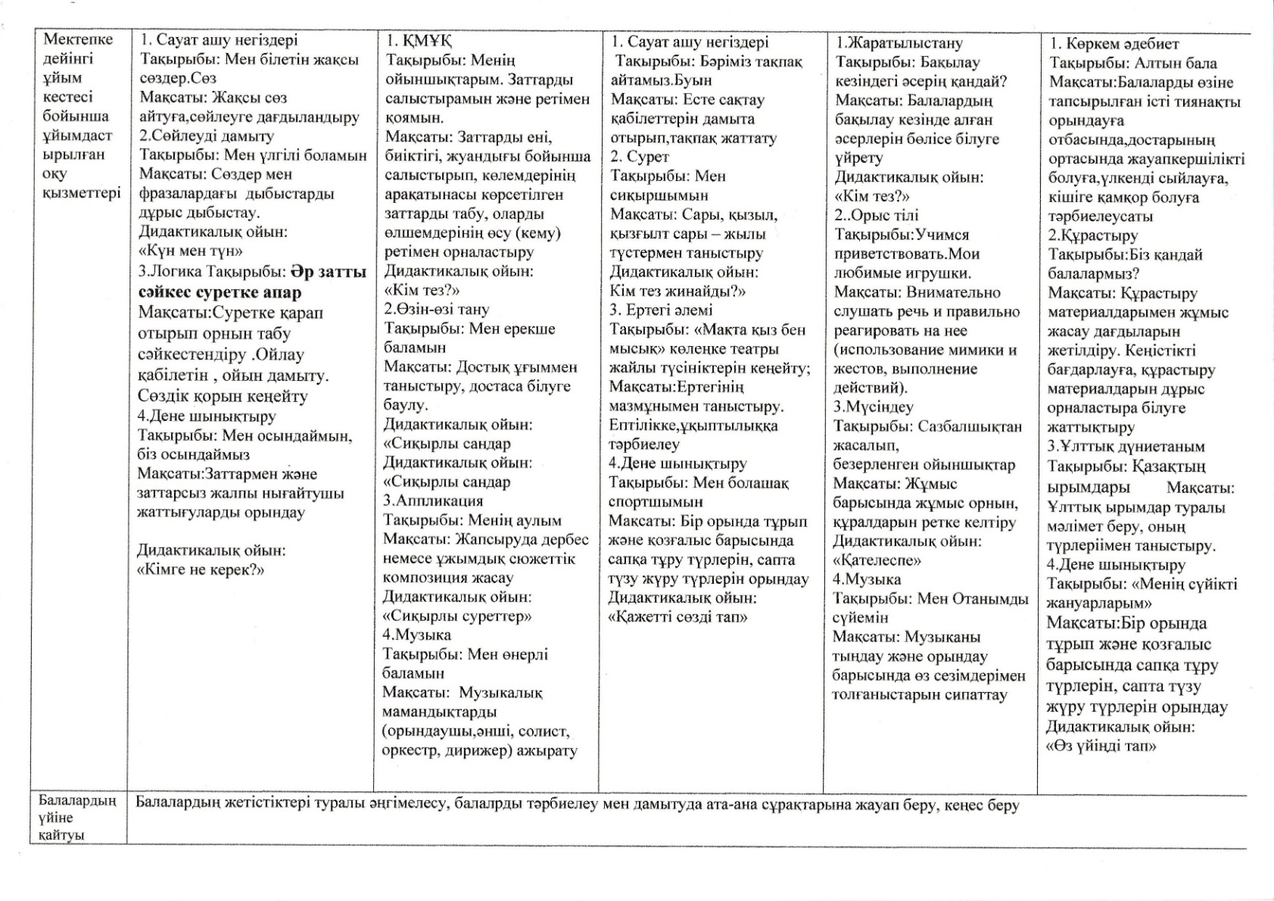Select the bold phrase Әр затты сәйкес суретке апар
[x=253, y=282]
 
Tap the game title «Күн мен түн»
[x=191, y=251]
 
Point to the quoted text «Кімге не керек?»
[x=201, y=569]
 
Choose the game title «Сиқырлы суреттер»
[x=457, y=616]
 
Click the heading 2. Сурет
[x=640, y=157]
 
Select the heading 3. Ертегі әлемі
[x=661, y=310]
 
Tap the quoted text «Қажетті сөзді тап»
[x=678, y=616]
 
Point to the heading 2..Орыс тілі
[x=877, y=215]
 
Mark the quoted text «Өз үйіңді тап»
[x=1101, y=746]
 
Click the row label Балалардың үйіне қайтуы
[x=77, y=818]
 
